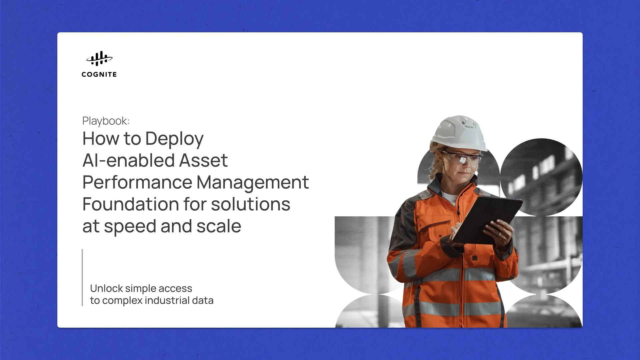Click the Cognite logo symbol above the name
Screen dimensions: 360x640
tap(99, 59)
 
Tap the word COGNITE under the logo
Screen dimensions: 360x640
tap(99, 74)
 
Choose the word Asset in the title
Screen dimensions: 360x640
tap(203, 160)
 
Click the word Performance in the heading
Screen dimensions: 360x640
tap(137, 182)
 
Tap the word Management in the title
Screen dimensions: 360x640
tap(252, 182)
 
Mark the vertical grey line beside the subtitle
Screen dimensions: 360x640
tap(82, 277)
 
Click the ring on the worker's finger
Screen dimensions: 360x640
tap(499, 234)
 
